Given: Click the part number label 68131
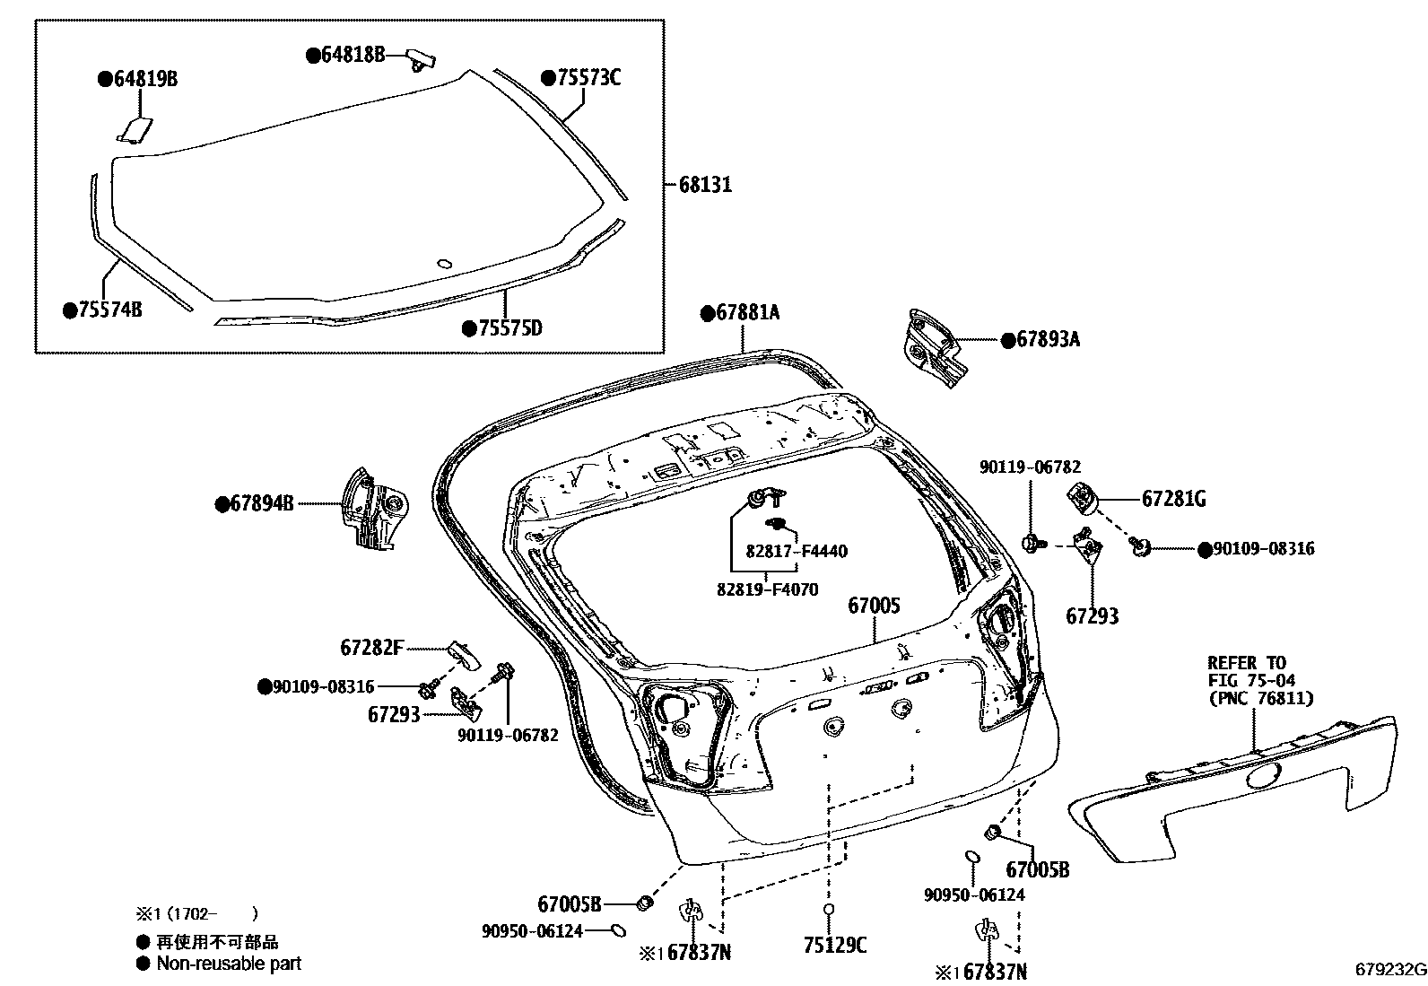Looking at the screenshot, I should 705,185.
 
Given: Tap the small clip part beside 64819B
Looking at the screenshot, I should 135,130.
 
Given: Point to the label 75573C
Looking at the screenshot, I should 588,78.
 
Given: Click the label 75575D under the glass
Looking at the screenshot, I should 509,328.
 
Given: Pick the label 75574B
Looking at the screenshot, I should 109,310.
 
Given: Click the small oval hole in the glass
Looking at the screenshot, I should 443,264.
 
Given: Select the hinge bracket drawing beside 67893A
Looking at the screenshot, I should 935,349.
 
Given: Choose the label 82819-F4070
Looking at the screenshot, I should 767,590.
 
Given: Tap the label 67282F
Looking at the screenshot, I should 371,647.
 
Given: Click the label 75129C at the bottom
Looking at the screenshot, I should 835,945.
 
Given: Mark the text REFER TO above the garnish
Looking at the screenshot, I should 1246,663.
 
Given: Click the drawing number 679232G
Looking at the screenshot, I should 1389,970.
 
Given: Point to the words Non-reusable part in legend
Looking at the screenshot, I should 229,964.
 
